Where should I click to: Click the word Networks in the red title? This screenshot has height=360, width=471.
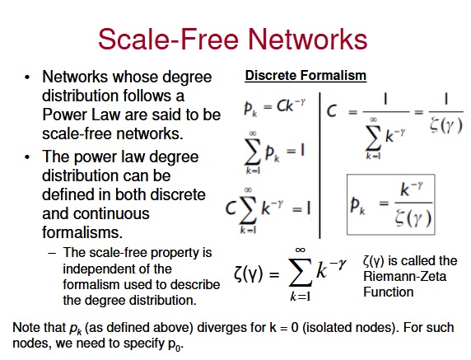click(307, 40)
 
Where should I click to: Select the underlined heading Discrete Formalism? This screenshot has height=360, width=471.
click(305, 76)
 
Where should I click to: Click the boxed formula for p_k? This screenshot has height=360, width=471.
click(391, 204)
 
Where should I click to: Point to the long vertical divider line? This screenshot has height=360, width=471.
click(319, 166)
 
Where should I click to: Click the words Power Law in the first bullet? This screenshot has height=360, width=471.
click(81, 115)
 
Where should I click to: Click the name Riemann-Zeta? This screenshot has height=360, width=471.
click(404, 277)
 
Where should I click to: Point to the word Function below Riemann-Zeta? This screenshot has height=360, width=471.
click(389, 292)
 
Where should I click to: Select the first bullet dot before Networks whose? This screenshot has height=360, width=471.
click(28, 77)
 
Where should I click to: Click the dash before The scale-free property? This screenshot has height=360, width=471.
click(52, 253)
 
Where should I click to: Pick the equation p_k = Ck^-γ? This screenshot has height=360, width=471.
click(274, 106)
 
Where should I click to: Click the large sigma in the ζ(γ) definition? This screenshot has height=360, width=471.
click(300, 272)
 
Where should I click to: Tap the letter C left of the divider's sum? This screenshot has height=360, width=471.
click(231, 208)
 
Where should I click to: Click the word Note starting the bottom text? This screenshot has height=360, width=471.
click(26, 328)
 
